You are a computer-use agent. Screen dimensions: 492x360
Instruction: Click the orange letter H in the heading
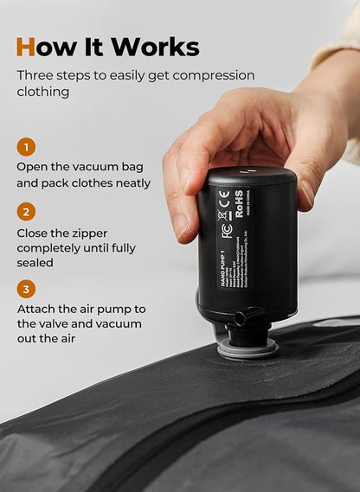click(x=27, y=46)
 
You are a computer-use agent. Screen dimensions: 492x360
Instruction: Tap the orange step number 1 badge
click(x=27, y=147)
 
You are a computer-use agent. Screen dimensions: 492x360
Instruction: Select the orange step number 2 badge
click(x=27, y=211)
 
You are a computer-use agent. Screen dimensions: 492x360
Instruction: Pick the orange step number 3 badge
click(x=27, y=290)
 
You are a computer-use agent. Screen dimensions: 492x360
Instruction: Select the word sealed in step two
click(x=35, y=262)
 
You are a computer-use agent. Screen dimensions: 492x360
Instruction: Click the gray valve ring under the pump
click(x=247, y=349)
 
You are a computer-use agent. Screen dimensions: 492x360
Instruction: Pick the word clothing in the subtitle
click(x=44, y=91)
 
